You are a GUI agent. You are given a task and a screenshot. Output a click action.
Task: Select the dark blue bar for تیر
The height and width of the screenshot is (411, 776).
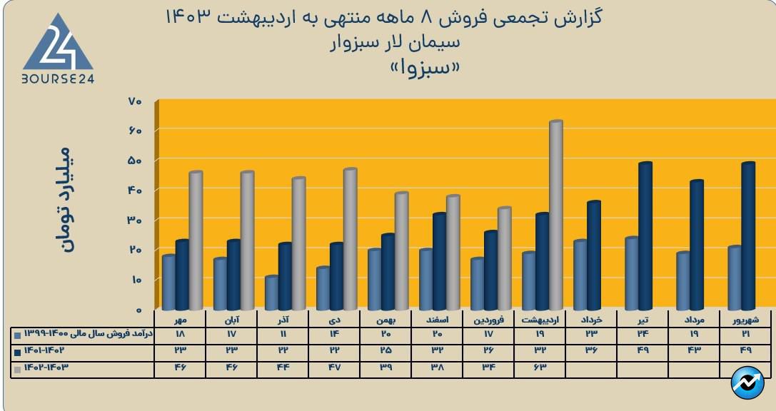tap(645, 236)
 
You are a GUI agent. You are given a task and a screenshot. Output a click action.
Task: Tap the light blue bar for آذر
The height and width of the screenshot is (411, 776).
tap(271, 293)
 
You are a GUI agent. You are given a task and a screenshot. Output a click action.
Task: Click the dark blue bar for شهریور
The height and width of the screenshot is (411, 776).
tap(747, 236)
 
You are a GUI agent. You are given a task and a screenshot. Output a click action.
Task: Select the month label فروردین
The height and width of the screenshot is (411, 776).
tap(489, 320)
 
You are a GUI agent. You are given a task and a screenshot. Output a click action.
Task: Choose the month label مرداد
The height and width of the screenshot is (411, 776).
tap(695, 320)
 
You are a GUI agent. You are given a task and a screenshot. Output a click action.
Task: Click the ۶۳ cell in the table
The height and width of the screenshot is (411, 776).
tap(540, 367)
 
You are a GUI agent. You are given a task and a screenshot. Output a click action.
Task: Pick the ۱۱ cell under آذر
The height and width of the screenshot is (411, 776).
tap(283, 334)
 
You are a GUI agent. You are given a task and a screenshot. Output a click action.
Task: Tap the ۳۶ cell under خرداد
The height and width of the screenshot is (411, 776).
tap(591, 350)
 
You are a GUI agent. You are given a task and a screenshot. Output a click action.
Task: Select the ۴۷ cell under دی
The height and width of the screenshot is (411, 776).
tap(334, 367)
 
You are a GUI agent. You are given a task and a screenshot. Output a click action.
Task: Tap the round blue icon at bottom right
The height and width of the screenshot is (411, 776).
tap(747, 382)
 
